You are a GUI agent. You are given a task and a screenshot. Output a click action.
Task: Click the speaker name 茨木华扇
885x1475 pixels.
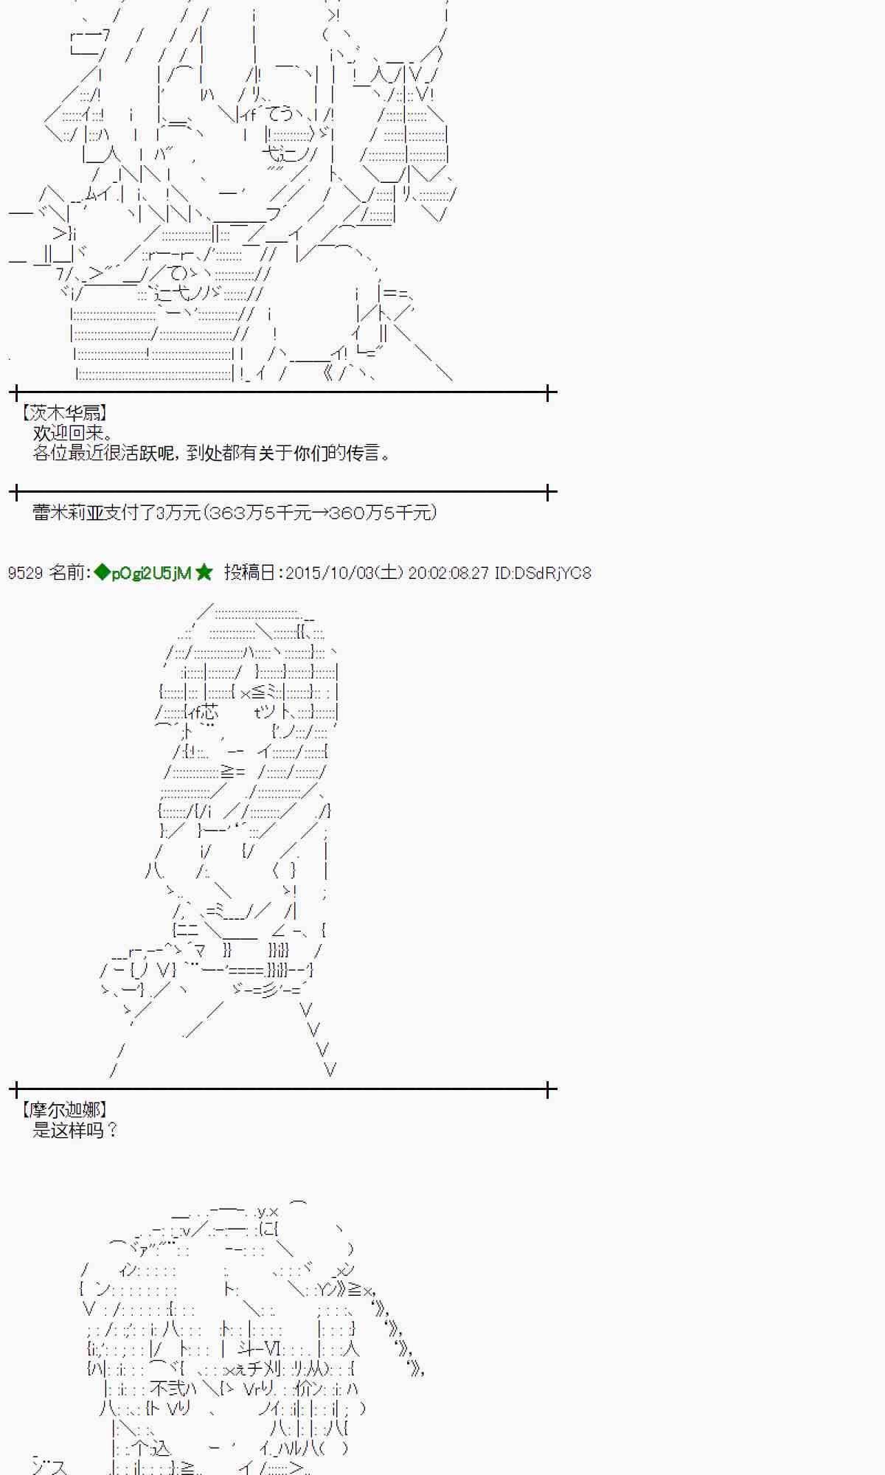click(64, 413)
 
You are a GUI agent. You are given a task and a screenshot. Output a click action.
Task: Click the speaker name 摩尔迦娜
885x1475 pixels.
click(64, 1110)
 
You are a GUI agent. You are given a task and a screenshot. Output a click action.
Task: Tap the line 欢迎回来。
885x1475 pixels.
click(72, 433)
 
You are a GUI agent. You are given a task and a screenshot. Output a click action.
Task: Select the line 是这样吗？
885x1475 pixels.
click(75, 1130)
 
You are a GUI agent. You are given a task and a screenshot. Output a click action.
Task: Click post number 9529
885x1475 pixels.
click(25, 573)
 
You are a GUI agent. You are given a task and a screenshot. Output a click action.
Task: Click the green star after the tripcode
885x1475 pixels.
click(204, 573)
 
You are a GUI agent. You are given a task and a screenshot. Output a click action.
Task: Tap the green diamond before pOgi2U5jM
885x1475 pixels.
click(102, 573)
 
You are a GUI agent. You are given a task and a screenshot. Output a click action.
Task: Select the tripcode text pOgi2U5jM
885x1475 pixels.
click(151, 573)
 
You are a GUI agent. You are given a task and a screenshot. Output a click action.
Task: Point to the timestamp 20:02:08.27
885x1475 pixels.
click(448, 573)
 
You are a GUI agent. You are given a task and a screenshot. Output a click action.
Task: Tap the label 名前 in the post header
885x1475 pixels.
click(66, 573)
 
